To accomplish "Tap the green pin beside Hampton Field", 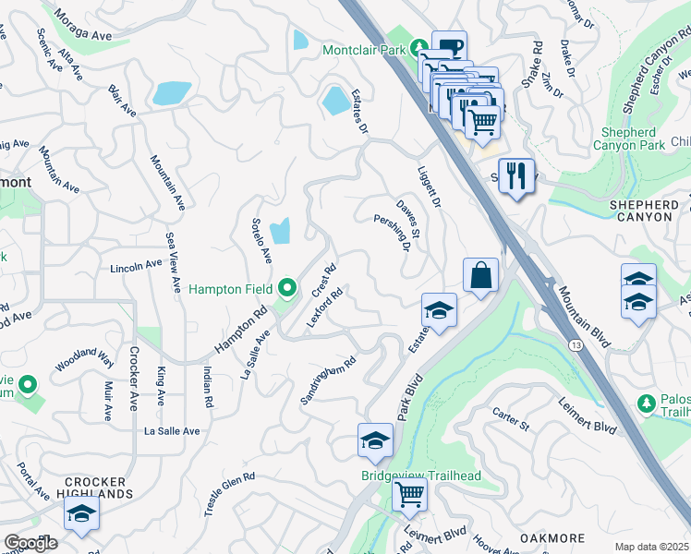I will click(287, 290).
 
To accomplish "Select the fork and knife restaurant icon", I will click(516, 175).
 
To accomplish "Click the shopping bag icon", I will click(481, 275).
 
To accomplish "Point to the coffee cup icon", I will click(449, 47).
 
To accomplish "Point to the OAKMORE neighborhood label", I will click(552, 538).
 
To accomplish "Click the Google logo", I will click(30, 543).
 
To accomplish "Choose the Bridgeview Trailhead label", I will click(420, 476).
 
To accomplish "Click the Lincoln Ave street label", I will click(136, 267).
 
